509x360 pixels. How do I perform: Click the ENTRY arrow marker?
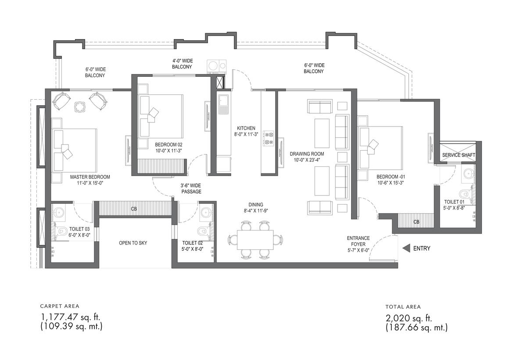pos(406,248)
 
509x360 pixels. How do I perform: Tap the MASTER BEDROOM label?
pos(90,177)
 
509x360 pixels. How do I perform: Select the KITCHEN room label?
pos(246,128)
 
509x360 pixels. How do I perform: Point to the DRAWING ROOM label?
pos(307,154)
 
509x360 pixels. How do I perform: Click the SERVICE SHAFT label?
pos(459,155)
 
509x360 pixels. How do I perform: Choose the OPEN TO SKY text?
pos(133,243)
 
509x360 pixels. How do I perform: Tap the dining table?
pos(255,239)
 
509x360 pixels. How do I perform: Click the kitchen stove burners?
pos(269,138)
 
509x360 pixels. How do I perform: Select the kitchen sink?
pos(223,104)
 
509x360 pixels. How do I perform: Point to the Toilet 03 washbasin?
pos(59,213)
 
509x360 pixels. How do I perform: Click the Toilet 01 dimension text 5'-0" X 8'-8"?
pos(454,208)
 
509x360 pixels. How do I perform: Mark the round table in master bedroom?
pos(79,106)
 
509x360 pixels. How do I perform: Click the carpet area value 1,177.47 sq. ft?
pos(69,317)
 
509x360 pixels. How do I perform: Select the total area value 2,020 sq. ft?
pos(409,318)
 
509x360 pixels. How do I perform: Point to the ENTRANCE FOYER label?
pos(358,241)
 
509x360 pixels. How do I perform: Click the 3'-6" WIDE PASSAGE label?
pos(191,189)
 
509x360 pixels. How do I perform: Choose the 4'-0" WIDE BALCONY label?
pos(182,64)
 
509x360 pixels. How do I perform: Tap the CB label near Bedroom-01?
pos(416,222)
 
